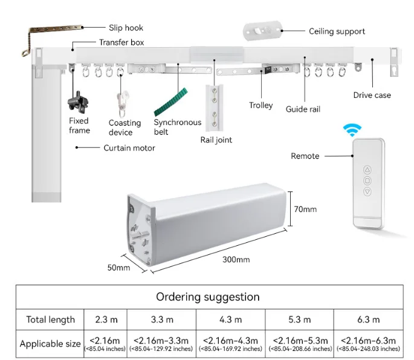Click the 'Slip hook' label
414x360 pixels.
tap(126, 28)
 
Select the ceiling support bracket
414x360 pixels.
tap(262, 30)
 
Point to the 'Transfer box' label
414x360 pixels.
tap(121, 43)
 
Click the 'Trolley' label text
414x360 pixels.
tap(260, 106)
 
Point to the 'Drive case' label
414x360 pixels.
tap(372, 95)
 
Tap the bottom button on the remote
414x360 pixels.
tap(367, 193)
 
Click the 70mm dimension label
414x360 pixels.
tap(306, 210)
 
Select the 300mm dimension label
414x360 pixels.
tap(235, 260)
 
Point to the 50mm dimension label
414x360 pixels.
tap(119, 266)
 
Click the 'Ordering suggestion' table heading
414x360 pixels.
tap(208, 297)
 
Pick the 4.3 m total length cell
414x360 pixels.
tap(230, 320)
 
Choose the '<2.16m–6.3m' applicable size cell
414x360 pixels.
tap(368, 344)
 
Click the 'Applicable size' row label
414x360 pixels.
tap(50, 344)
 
